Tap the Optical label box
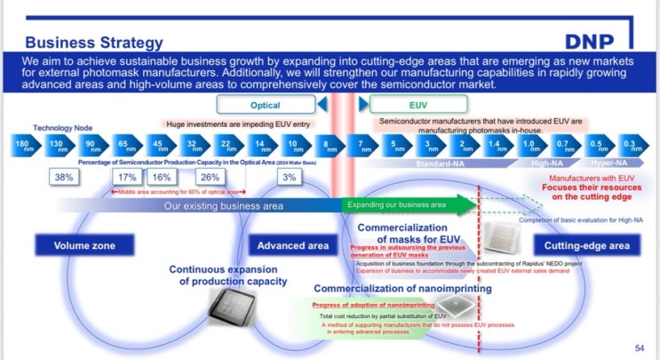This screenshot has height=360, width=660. [x=265, y=104]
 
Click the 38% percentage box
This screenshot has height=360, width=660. [x=64, y=178]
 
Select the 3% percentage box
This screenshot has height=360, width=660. [x=289, y=178]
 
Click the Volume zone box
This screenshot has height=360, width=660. [x=85, y=244]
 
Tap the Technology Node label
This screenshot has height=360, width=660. [x=65, y=128]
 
